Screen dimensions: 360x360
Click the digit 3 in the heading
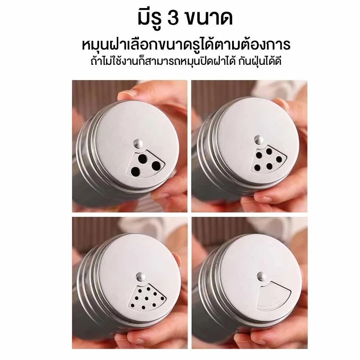click(173, 18)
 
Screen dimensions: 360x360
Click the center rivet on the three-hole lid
click(138, 144)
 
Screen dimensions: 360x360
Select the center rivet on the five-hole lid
click(259, 140)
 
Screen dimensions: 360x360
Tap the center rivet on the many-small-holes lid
click(141, 276)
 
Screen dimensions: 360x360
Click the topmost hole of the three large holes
click(143, 158)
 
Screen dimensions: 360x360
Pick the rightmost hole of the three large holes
click(156, 165)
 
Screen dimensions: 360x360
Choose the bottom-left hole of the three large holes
click(135, 171)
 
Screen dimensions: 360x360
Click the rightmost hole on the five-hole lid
click(279, 159)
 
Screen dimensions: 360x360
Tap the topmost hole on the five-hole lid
click(269, 151)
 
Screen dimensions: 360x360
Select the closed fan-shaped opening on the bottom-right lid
click(274, 296)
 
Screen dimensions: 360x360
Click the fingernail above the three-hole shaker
click(127, 94)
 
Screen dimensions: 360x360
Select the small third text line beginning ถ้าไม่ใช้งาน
click(186, 61)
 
